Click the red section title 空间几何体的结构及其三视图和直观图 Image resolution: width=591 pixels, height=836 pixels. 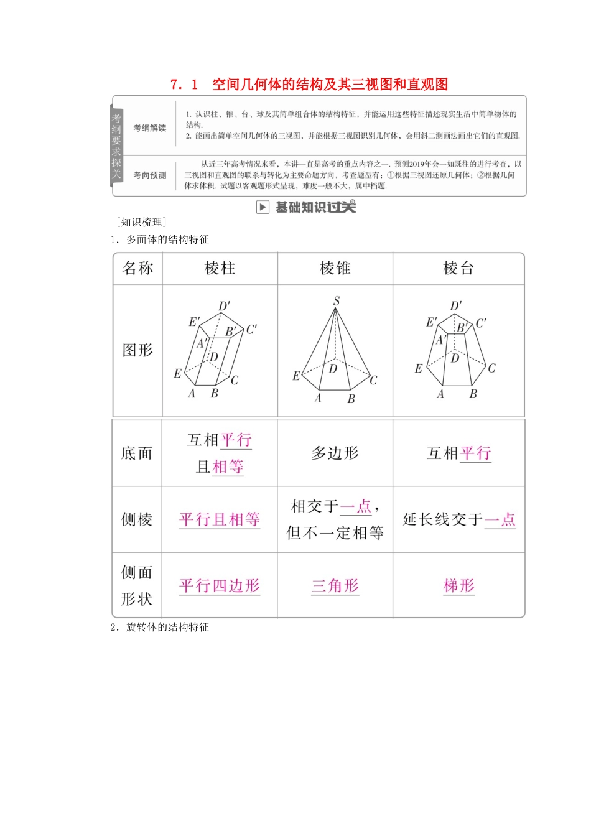[330, 85]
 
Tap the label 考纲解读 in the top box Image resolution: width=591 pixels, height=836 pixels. [150, 128]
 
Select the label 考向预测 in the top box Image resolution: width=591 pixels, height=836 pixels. [150, 175]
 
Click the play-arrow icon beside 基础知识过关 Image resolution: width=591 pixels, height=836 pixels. [263, 207]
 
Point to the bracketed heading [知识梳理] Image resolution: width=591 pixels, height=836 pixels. [141, 222]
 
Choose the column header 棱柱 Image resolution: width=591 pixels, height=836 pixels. [220, 268]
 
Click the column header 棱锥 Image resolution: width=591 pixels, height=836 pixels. [335, 268]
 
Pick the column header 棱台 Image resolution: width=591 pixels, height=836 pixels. [458, 268]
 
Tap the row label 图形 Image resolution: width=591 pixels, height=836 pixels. [137, 350]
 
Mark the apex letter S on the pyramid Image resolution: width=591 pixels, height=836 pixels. [336, 301]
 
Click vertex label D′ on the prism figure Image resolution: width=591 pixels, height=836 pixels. [224, 306]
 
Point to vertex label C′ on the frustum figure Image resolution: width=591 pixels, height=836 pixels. [481, 323]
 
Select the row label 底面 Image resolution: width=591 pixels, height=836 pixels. [137, 453]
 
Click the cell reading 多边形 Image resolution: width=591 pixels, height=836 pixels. [335, 453]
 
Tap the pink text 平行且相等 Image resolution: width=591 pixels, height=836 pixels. [220, 519]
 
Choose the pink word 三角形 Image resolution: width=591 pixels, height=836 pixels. [335, 585]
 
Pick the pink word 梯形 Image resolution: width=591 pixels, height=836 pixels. [458, 585]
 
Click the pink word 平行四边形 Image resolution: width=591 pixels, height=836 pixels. [220, 585]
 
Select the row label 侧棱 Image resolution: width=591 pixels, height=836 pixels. [137, 519]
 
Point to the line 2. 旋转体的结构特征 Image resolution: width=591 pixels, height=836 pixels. [160, 627]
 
